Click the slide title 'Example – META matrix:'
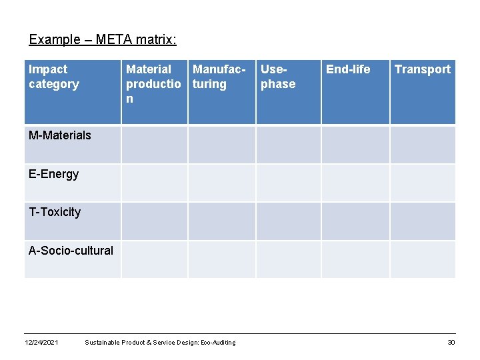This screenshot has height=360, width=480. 103,39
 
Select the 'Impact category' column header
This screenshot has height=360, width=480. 54,77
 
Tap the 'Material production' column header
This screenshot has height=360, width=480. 153,83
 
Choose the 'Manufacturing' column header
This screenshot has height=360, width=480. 220,77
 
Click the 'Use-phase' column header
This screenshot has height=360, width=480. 278,77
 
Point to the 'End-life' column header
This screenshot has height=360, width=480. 347,69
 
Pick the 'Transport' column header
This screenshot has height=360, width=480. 423,69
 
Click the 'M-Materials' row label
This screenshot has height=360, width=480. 60,135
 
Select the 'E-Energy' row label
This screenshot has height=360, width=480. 53,174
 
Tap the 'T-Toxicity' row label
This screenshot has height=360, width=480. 55,212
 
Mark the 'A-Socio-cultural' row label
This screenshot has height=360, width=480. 71,251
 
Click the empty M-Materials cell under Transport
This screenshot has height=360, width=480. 423,145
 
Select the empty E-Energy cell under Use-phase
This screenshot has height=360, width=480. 289,183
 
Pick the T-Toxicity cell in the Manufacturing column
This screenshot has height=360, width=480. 221,221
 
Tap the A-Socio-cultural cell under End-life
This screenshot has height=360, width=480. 355,259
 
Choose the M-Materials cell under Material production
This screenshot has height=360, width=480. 154,145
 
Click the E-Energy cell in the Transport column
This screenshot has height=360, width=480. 423,183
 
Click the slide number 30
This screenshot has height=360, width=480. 451,343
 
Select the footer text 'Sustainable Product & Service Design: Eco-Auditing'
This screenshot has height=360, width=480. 160,343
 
